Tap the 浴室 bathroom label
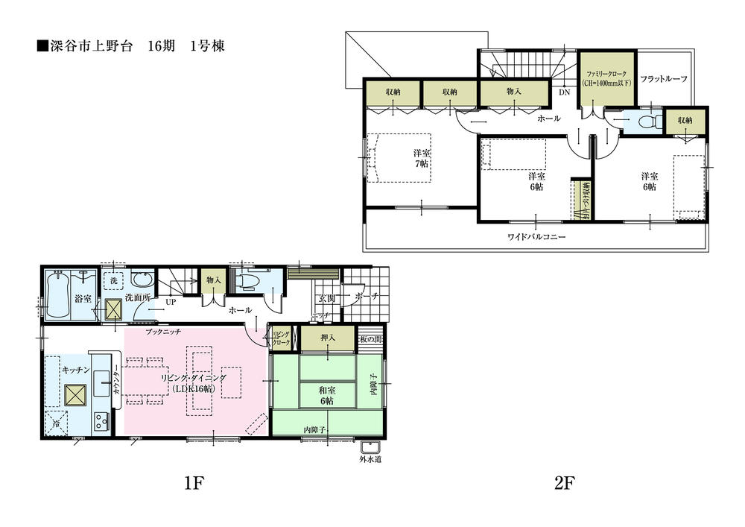pos(83,298)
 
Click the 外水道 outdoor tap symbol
pos(370,449)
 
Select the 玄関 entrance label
pos(327,298)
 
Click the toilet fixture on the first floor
pos(250,280)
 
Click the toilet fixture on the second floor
pos(647,121)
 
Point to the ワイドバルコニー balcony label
pos(536,237)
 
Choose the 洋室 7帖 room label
pos(421,158)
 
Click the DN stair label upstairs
pos(564,93)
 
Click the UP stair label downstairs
pos(171,303)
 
